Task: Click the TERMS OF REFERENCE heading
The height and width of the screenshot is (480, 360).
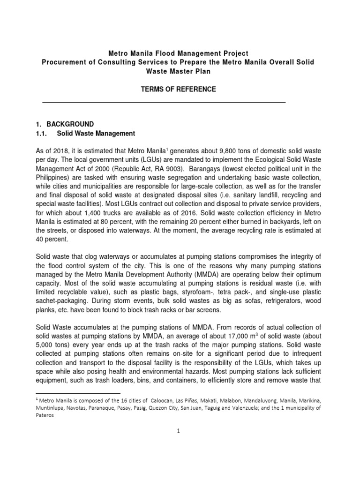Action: point(180,89)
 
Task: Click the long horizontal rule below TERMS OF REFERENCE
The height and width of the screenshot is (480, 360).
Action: point(164,102)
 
